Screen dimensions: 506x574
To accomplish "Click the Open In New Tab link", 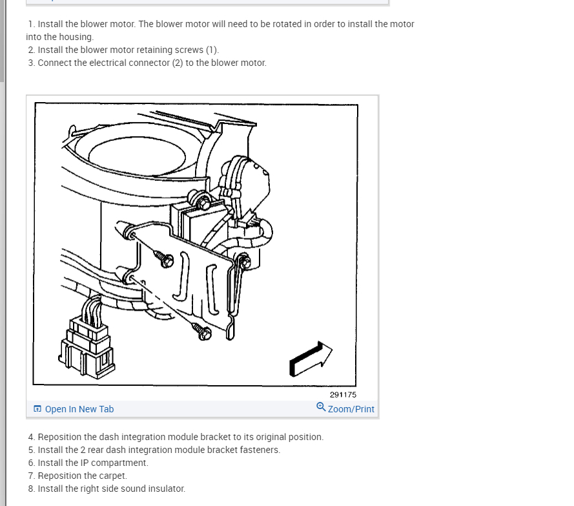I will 74,409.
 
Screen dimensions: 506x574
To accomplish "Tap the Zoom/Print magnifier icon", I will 321,407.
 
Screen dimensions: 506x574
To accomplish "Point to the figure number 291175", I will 343,395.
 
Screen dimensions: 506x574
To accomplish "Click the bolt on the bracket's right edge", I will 245,262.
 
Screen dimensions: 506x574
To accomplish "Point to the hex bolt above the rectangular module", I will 203,204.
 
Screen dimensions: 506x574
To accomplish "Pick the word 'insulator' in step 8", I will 166,489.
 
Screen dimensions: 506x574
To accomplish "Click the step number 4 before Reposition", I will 31,437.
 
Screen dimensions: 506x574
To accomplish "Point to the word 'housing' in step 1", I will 76,37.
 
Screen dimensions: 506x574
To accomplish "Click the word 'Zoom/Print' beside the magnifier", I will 351,409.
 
